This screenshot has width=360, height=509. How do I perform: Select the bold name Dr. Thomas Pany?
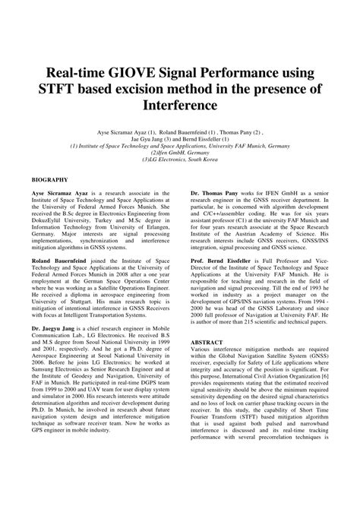[216, 194]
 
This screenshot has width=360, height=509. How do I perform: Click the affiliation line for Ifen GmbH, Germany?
[179, 151]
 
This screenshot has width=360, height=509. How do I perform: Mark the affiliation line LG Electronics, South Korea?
[179, 159]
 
